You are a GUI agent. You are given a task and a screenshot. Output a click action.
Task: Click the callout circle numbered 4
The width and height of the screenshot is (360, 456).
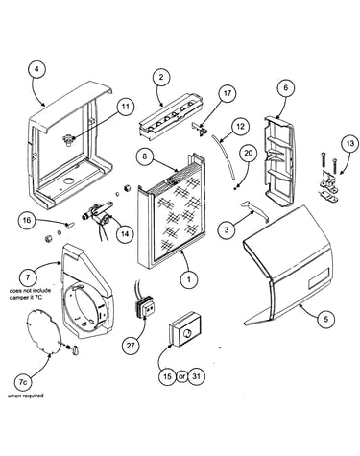[x=36, y=70]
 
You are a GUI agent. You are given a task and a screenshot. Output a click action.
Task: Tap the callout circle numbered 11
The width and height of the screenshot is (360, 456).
[x=125, y=107]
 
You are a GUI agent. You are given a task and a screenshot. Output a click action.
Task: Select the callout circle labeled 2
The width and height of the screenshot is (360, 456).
[x=161, y=77]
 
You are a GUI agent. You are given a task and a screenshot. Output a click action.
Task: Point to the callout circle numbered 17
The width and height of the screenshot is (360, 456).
[x=227, y=93]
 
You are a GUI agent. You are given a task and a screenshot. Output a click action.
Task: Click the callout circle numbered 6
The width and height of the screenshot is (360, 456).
[x=286, y=87]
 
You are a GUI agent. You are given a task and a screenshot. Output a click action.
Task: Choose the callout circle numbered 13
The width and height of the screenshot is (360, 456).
[x=350, y=143]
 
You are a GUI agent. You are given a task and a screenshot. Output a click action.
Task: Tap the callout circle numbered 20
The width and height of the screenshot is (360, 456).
[x=249, y=154]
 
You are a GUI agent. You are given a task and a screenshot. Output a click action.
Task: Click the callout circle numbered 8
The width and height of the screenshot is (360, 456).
[x=145, y=156]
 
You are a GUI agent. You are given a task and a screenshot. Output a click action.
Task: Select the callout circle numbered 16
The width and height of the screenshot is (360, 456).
[x=27, y=220]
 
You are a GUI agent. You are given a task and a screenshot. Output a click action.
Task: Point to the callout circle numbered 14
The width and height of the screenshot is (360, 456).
[x=125, y=234]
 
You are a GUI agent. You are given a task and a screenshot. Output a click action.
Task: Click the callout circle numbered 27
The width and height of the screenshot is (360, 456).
[x=131, y=346]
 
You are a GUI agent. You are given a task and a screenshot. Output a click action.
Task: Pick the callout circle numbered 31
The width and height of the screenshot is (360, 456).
[x=196, y=376]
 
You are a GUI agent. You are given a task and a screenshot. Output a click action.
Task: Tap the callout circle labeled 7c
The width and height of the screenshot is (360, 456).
[x=23, y=382]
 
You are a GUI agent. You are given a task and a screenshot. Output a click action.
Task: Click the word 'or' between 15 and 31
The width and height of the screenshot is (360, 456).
[x=181, y=376]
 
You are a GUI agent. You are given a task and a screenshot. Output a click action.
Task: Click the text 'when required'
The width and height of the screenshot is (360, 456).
[x=25, y=396]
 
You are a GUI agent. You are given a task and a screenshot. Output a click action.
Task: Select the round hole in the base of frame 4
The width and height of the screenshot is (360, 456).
[x=68, y=181]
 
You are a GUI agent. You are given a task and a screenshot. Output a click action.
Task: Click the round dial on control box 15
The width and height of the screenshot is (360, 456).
[x=186, y=334]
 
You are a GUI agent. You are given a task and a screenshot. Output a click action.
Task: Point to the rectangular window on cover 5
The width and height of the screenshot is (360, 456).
[x=319, y=276]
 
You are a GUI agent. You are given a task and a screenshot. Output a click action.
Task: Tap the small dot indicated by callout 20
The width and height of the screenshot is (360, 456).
[x=235, y=188]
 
